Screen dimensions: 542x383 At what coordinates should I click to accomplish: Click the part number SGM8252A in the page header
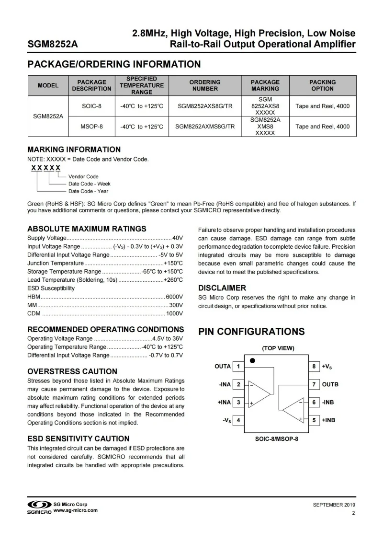click(53, 45)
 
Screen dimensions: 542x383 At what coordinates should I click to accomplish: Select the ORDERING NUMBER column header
click(205, 85)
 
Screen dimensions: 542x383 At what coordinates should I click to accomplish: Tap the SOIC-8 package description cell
click(91, 106)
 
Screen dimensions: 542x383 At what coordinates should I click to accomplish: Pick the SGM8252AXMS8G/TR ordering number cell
click(205, 127)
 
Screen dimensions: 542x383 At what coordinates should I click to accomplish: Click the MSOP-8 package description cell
click(91, 127)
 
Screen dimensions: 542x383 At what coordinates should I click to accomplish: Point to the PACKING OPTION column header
click(322, 85)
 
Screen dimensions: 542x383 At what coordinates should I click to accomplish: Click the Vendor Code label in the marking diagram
click(83, 176)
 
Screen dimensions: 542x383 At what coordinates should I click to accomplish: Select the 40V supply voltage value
click(178, 238)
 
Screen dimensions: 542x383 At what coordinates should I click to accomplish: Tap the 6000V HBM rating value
click(174, 297)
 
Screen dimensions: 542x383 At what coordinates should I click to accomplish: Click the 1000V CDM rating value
click(174, 314)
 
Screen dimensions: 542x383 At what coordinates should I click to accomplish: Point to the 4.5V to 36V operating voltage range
click(168, 338)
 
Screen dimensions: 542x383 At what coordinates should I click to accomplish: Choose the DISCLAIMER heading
click(222, 288)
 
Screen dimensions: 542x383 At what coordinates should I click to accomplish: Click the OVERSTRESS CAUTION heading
click(72, 371)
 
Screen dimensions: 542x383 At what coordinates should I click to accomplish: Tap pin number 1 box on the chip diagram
click(238, 367)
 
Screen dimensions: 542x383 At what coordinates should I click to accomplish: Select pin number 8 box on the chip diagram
click(314, 367)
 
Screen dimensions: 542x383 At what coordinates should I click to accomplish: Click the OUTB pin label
click(330, 384)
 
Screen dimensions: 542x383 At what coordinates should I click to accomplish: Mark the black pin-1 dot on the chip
click(252, 360)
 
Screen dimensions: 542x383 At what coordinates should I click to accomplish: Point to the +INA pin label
click(224, 403)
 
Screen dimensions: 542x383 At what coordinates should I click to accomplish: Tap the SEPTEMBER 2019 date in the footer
click(334, 505)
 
